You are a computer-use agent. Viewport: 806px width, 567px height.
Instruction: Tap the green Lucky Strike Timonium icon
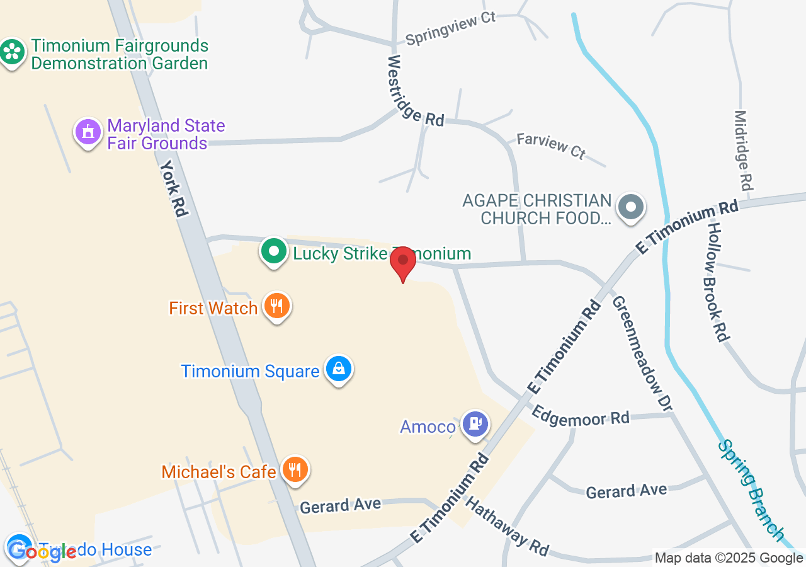[274, 251]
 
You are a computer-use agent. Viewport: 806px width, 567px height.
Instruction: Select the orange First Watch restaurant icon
[276, 306]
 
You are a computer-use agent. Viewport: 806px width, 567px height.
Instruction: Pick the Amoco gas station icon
[475, 423]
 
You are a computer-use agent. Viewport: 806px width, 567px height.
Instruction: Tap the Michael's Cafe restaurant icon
[295, 469]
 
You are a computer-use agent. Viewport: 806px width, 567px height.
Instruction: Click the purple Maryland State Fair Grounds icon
[88, 132]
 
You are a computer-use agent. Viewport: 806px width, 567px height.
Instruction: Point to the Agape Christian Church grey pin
[630, 207]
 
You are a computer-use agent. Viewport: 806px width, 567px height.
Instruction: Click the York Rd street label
[174, 188]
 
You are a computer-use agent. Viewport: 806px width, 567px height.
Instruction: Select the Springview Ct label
[450, 28]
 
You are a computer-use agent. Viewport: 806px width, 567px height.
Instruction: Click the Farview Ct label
[551, 146]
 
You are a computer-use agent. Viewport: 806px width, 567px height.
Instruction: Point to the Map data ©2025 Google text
[729, 558]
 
